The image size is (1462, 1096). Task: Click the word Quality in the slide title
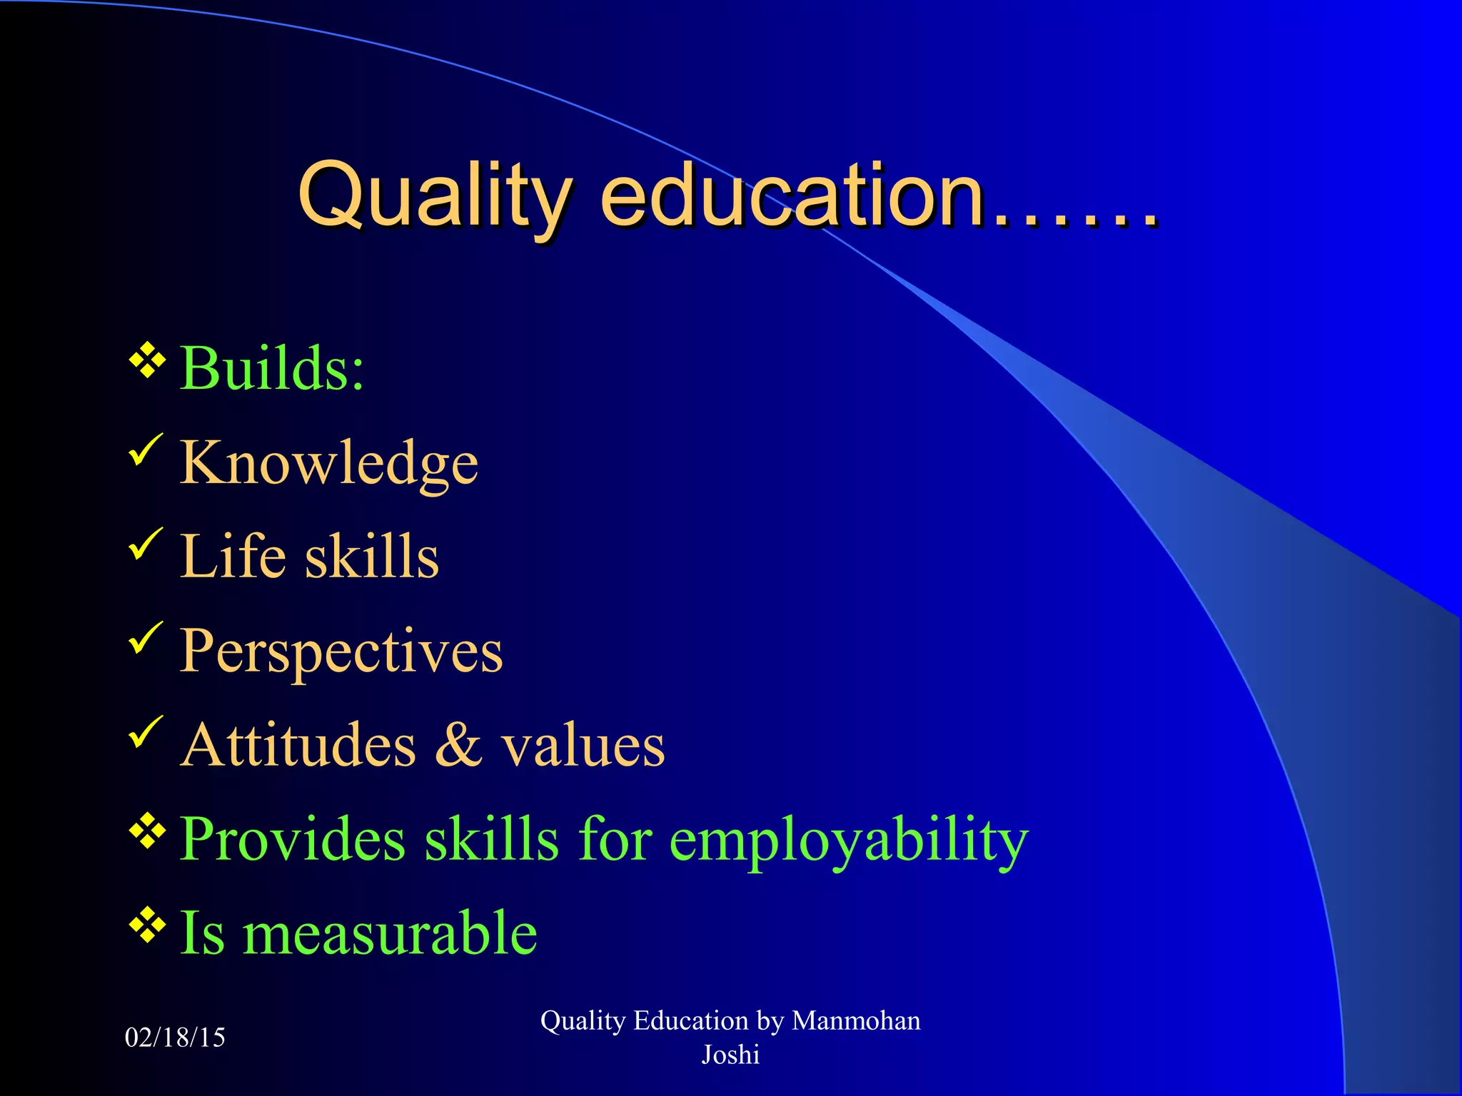pos(433,196)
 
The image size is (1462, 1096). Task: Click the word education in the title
pos(792,196)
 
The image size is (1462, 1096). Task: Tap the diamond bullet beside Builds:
pos(147,360)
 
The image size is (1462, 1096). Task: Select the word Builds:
pos(271,369)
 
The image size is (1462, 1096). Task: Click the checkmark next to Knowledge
pos(146,451)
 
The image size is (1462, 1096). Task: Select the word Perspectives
pos(341,651)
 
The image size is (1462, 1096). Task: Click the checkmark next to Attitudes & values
pos(146,733)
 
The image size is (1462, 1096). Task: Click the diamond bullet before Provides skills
pos(147,831)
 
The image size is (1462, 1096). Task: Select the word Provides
pos(293,840)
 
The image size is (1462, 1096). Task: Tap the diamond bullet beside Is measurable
pos(147,925)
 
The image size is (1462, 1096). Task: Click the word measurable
pos(390,934)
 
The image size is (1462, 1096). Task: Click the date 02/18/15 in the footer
pos(175,1037)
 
